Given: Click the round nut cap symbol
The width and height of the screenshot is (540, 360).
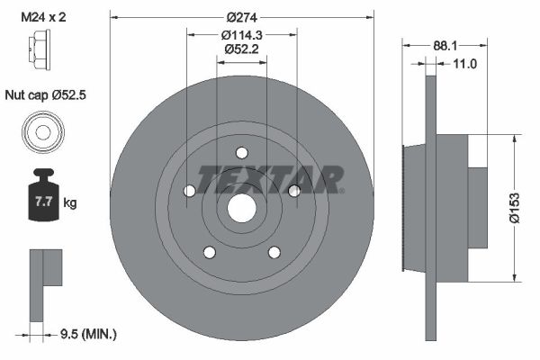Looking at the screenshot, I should (41, 132).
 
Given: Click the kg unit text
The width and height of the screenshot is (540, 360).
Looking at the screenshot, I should (71, 203).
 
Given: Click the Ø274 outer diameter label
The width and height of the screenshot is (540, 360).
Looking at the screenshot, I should (240, 17).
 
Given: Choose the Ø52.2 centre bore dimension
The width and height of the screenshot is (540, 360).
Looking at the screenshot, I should (240, 50).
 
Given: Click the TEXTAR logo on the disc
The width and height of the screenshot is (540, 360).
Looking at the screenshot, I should (270, 179).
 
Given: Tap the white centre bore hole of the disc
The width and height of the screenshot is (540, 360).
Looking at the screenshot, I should (240, 208).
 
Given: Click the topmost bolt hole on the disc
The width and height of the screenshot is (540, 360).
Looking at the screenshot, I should (241, 153).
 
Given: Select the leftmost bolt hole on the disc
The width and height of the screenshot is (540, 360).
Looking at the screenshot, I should (188, 191).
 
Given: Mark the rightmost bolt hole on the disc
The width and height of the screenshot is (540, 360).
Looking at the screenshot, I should (293, 190).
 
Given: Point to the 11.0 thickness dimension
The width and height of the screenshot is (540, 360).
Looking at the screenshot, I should (464, 65).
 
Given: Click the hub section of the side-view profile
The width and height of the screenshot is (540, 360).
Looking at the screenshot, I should (459, 207).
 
